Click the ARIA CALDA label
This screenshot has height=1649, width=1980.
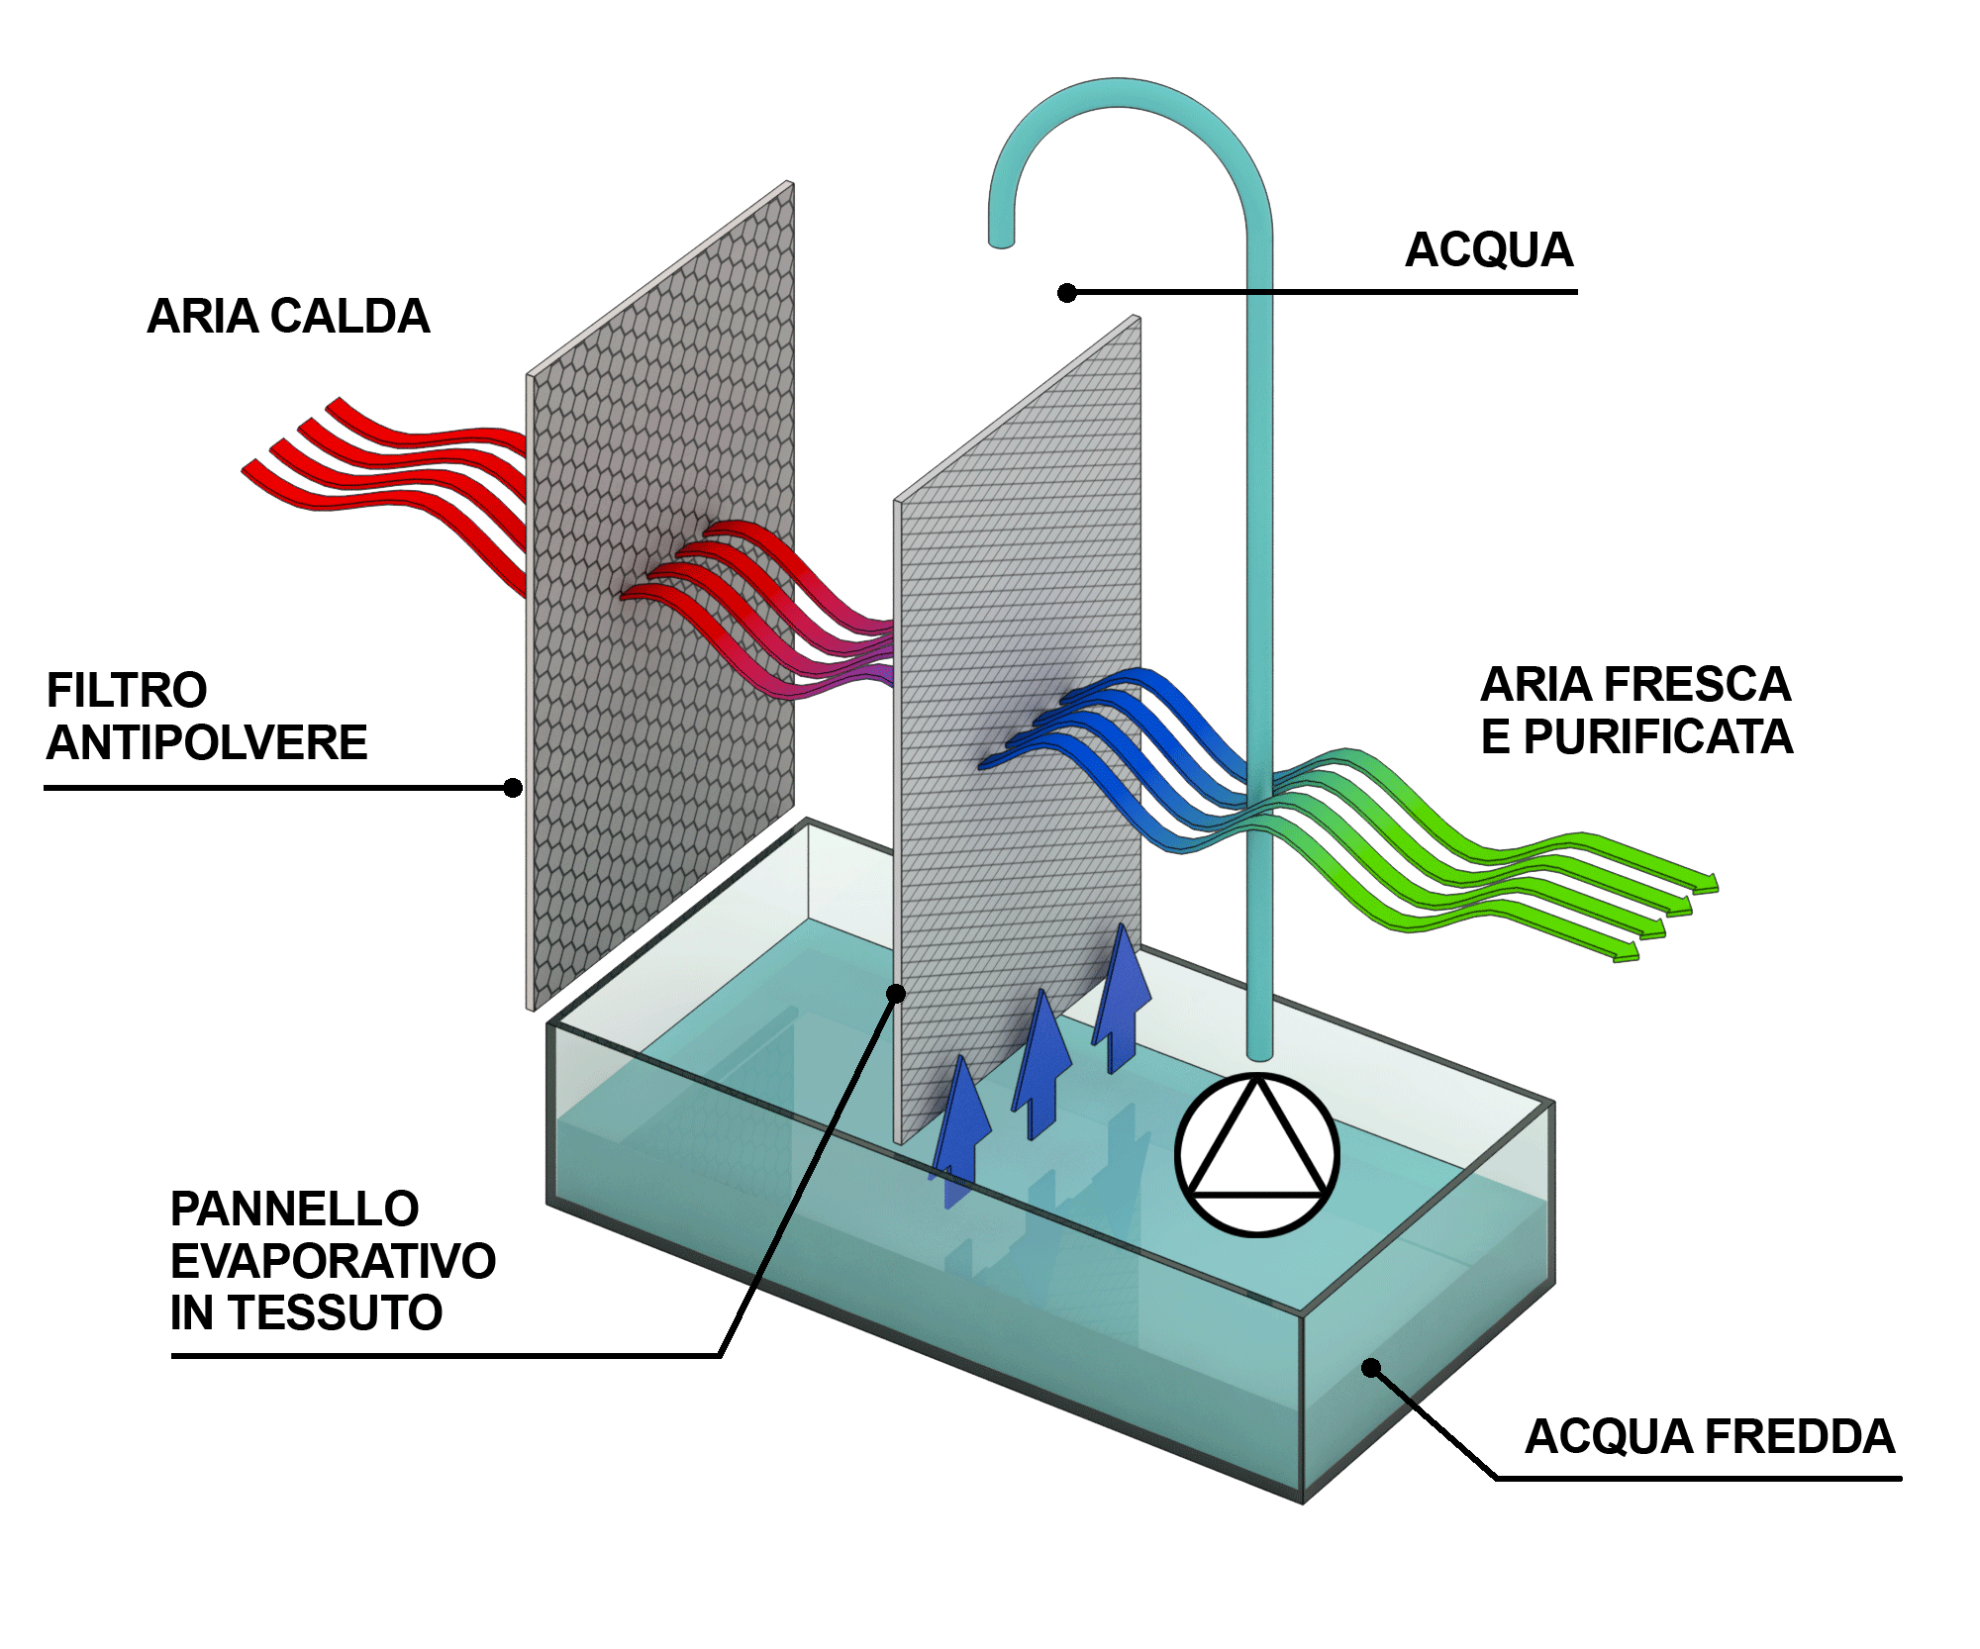pyautogui.click(x=288, y=317)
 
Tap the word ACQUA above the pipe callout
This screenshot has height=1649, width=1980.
pyautogui.click(x=1489, y=250)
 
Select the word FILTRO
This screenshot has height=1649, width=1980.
pyautogui.click(x=127, y=690)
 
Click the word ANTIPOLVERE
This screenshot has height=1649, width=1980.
pyautogui.click(x=207, y=742)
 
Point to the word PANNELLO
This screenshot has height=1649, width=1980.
pyautogui.click(x=295, y=1209)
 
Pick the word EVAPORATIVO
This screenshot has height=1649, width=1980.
pyautogui.click(x=333, y=1261)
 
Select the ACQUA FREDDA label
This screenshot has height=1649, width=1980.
pyautogui.click(x=1710, y=1436)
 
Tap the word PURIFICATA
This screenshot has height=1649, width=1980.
pyautogui.click(x=1658, y=736)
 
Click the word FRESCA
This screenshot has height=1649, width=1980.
pyautogui.click(x=1697, y=684)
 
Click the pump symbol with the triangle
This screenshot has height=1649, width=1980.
pyautogui.click(x=1257, y=1154)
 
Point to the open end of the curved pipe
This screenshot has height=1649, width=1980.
pyautogui.click(x=1002, y=241)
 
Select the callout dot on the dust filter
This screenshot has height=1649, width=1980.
pyautogui.click(x=513, y=788)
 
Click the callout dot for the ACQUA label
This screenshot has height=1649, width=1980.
pyautogui.click(x=1067, y=293)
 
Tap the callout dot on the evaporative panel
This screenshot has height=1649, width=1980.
pyautogui.click(x=896, y=994)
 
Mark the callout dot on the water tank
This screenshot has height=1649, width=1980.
pyautogui.click(x=1371, y=1368)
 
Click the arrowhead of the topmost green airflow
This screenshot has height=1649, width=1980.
pyautogui.click(x=1709, y=881)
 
